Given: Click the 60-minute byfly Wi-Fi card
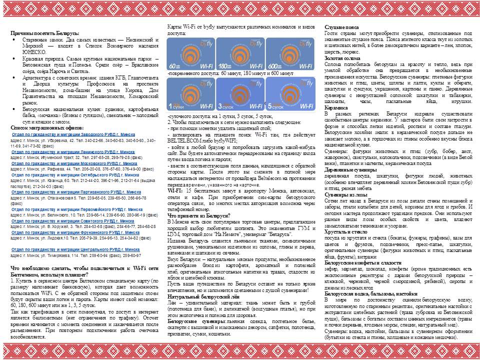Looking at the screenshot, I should [x=190, y=54].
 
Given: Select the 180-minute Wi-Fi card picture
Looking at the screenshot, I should [x=240, y=54].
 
